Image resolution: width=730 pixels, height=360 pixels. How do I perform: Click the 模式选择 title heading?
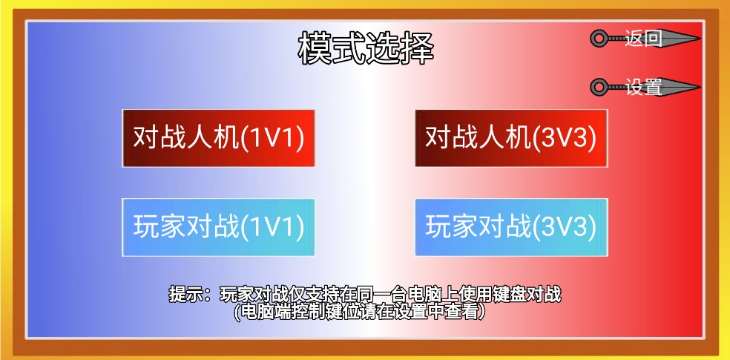pos(366,50)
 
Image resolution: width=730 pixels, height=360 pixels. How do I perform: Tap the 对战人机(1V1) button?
pos(219,138)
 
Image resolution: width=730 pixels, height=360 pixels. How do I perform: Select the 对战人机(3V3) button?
pos(510,138)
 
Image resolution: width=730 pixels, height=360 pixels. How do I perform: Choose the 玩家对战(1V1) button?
pos(219,227)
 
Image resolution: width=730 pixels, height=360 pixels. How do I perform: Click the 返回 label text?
pos(643,39)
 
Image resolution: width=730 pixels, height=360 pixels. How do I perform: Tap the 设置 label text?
pos(643,87)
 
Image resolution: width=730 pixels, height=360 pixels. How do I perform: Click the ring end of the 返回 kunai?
pos(599,39)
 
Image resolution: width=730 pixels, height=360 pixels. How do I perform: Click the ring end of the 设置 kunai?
pos(599,88)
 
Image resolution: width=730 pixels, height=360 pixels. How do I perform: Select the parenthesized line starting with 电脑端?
pos(361,312)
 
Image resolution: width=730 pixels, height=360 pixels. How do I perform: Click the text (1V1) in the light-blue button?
pos(273,227)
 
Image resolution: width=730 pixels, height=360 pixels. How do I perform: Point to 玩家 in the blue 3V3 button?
pos(452,227)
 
